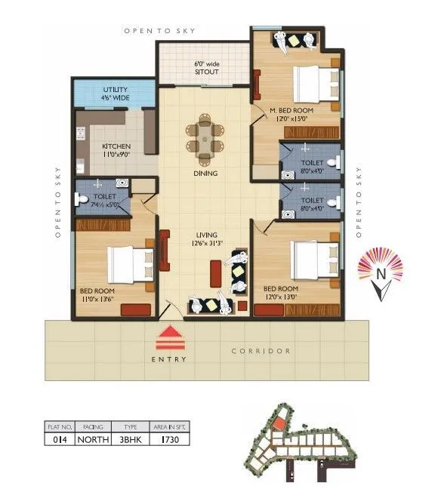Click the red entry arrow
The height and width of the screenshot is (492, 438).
tap(173, 334)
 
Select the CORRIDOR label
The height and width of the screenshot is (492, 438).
tap(261, 352)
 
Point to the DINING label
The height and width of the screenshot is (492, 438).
tap(205, 174)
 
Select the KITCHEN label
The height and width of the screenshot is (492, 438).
tap(117, 146)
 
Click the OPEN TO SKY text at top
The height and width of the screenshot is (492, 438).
tap(160, 31)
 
